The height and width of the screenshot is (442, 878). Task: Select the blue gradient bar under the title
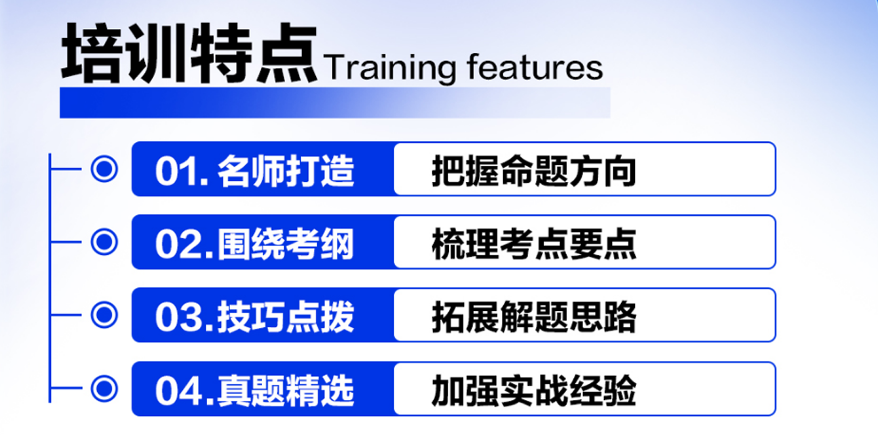pyautogui.click(x=334, y=103)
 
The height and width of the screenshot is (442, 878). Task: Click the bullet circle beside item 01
pyautogui.click(x=104, y=169)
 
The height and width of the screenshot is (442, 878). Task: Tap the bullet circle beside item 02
pyautogui.click(x=104, y=242)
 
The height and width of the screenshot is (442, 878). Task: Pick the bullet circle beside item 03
pyautogui.click(x=104, y=316)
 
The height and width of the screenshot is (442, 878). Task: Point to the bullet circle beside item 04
pyautogui.click(x=104, y=389)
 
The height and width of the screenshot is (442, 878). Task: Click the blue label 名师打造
pyautogui.click(x=286, y=171)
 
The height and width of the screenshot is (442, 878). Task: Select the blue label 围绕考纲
pyautogui.click(x=286, y=244)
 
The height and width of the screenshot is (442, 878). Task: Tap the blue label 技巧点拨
pyautogui.click(x=286, y=318)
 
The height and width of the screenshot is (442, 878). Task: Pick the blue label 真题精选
pyautogui.click(x=286, y=391)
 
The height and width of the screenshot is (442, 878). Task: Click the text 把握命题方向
pyautogui.click(x=533, y=171)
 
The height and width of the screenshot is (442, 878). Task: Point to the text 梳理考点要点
pyautogui.click(x=533, y=244)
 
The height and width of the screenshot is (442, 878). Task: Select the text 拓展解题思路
pyautogui.click(x=533, y=318)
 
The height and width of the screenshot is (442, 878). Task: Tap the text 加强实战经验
pyautogui.click(x=533, y=391)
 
